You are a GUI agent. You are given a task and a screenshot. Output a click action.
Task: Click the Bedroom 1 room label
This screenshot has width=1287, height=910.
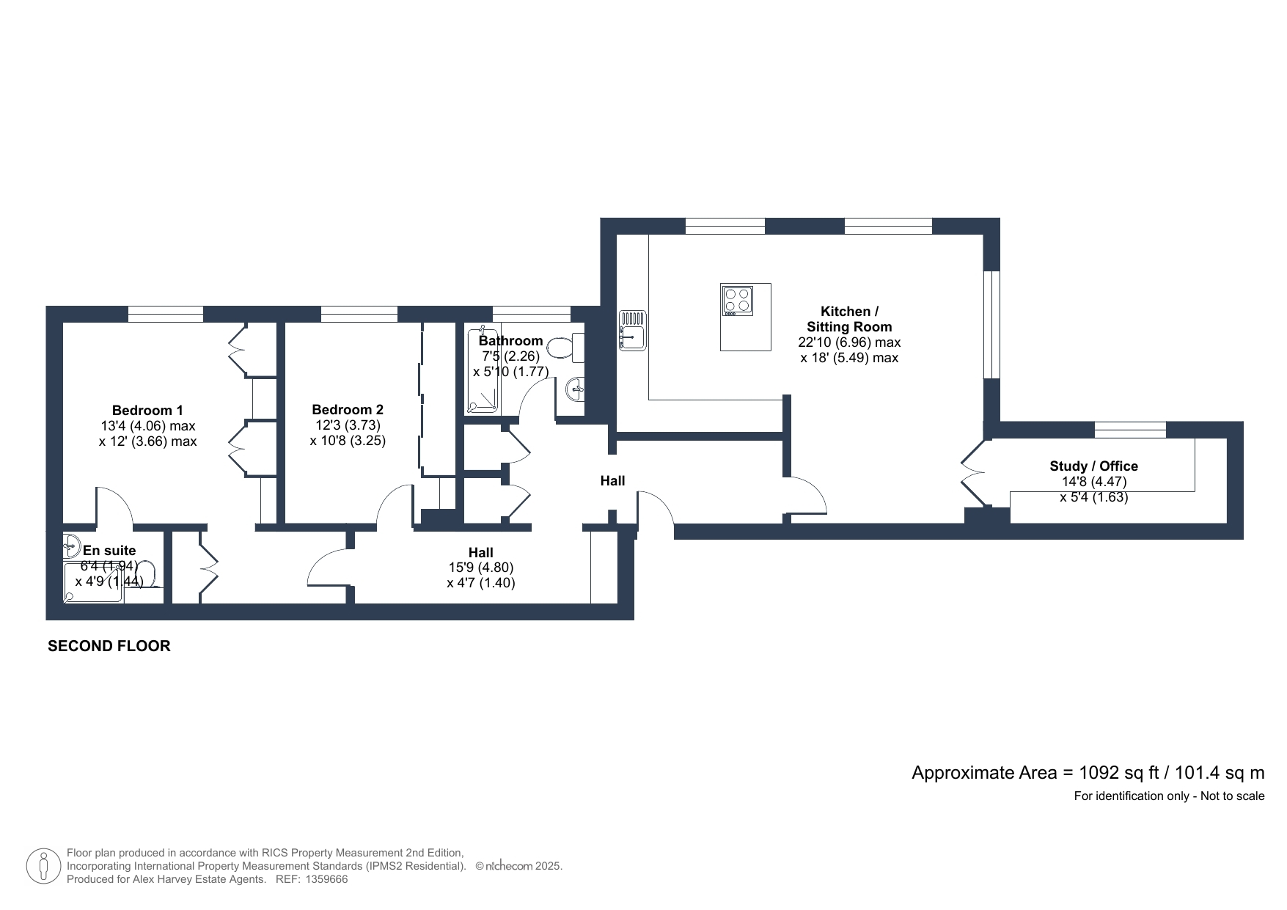coord(147,410)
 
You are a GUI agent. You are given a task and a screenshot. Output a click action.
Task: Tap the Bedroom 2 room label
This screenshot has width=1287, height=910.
coord(348,410)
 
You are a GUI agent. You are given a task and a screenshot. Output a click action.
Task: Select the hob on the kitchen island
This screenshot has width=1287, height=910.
coord(737,301)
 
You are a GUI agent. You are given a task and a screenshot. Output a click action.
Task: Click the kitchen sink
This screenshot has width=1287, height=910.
coord(633,331)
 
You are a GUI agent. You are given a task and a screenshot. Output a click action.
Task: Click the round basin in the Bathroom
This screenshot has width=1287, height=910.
coord(576,389)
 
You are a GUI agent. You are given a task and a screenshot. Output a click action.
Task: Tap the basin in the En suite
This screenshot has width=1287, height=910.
coord(71,544)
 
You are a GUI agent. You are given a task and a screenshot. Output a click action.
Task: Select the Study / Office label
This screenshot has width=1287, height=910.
coord(1094,466)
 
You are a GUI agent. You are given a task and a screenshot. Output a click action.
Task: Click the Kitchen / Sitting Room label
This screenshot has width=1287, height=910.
coord(849,319)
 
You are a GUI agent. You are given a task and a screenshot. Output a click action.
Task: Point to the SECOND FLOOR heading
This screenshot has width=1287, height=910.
coord(109,646)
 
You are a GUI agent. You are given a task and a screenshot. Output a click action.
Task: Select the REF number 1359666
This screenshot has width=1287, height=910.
coord(326,879)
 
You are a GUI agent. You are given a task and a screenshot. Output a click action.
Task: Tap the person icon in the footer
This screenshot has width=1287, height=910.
coord(43,866)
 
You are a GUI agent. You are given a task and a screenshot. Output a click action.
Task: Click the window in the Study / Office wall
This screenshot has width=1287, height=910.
coord(1130,430)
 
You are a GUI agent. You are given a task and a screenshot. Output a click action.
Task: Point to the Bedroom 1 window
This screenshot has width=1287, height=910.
coord(166,315)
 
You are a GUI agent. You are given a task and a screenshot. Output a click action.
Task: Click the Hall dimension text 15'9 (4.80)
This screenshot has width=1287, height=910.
coord(481,568)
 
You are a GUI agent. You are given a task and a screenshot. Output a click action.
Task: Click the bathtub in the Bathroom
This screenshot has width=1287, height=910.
coord(483,370)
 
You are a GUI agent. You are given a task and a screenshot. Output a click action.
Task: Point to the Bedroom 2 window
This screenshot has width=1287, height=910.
coord(359,315)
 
